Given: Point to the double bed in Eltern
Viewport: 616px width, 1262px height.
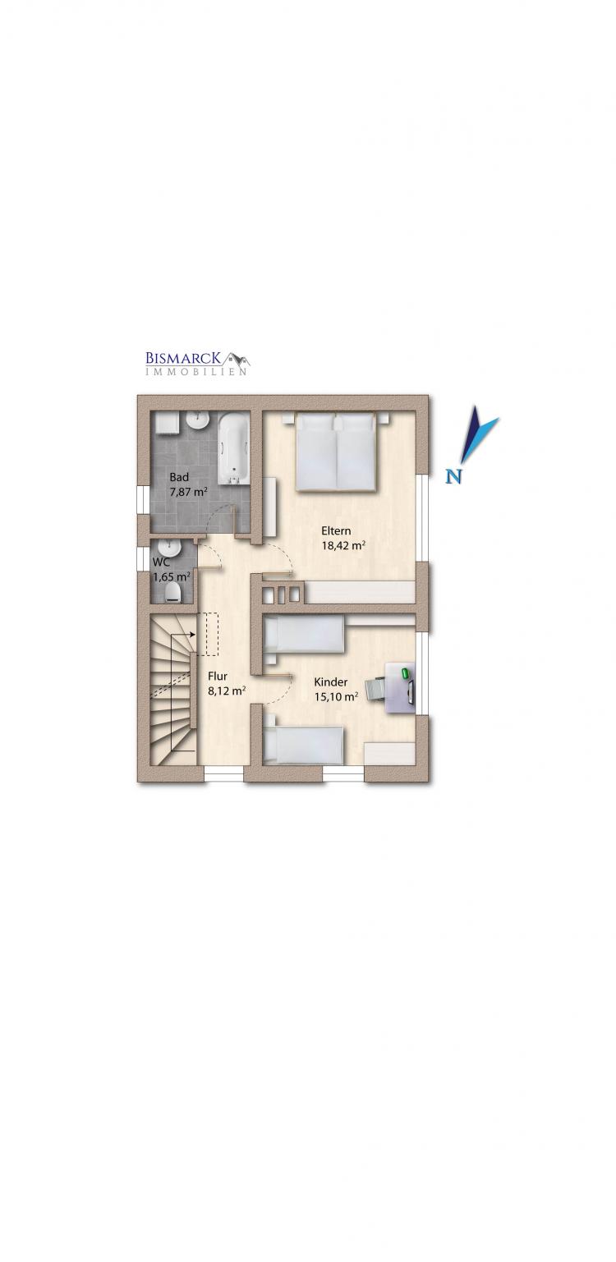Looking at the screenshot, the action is (x=336, y=452).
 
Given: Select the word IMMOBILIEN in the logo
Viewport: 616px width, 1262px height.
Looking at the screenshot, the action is (x=195, y=372).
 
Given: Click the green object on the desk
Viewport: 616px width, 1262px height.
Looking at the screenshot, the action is (x=404, y=672).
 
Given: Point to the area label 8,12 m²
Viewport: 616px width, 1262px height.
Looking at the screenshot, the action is (x=227, y=691).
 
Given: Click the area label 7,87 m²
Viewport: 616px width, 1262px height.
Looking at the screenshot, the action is (x=189, y=491).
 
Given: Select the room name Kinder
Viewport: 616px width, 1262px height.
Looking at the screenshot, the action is (x=331, y=682).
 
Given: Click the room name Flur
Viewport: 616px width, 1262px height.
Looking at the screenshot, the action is (x=218, y=676).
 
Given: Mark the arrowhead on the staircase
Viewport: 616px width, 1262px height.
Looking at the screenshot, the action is (x=193, y=634).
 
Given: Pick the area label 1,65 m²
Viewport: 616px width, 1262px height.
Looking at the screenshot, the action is (x=172, y=576).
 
